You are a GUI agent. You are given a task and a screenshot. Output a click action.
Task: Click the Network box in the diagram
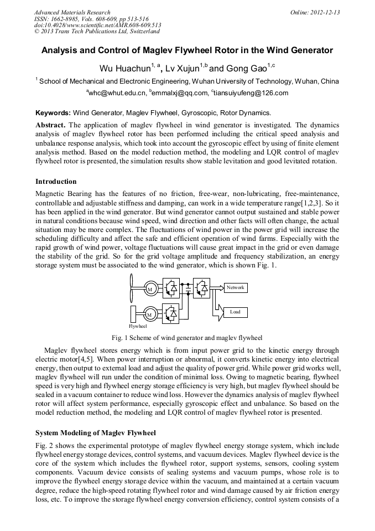click(235, 287)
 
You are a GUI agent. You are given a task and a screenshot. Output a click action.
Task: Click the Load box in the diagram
click(235, 312)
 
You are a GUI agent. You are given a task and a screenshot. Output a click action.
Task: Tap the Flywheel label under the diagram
click(136, 327)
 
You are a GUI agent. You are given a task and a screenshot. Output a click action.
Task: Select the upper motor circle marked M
click(149, 290)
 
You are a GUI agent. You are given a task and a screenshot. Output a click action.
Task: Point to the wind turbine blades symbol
click(133, 287)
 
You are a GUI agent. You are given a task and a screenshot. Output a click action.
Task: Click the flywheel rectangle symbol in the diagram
click(133, 312)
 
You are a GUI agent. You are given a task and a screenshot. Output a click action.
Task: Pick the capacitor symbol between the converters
click(188, 288)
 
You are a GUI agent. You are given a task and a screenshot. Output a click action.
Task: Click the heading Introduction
click(56, 182)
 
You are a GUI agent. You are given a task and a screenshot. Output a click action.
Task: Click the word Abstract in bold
click(50, 125)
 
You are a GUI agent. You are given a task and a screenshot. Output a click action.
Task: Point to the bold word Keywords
click(53, 112)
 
